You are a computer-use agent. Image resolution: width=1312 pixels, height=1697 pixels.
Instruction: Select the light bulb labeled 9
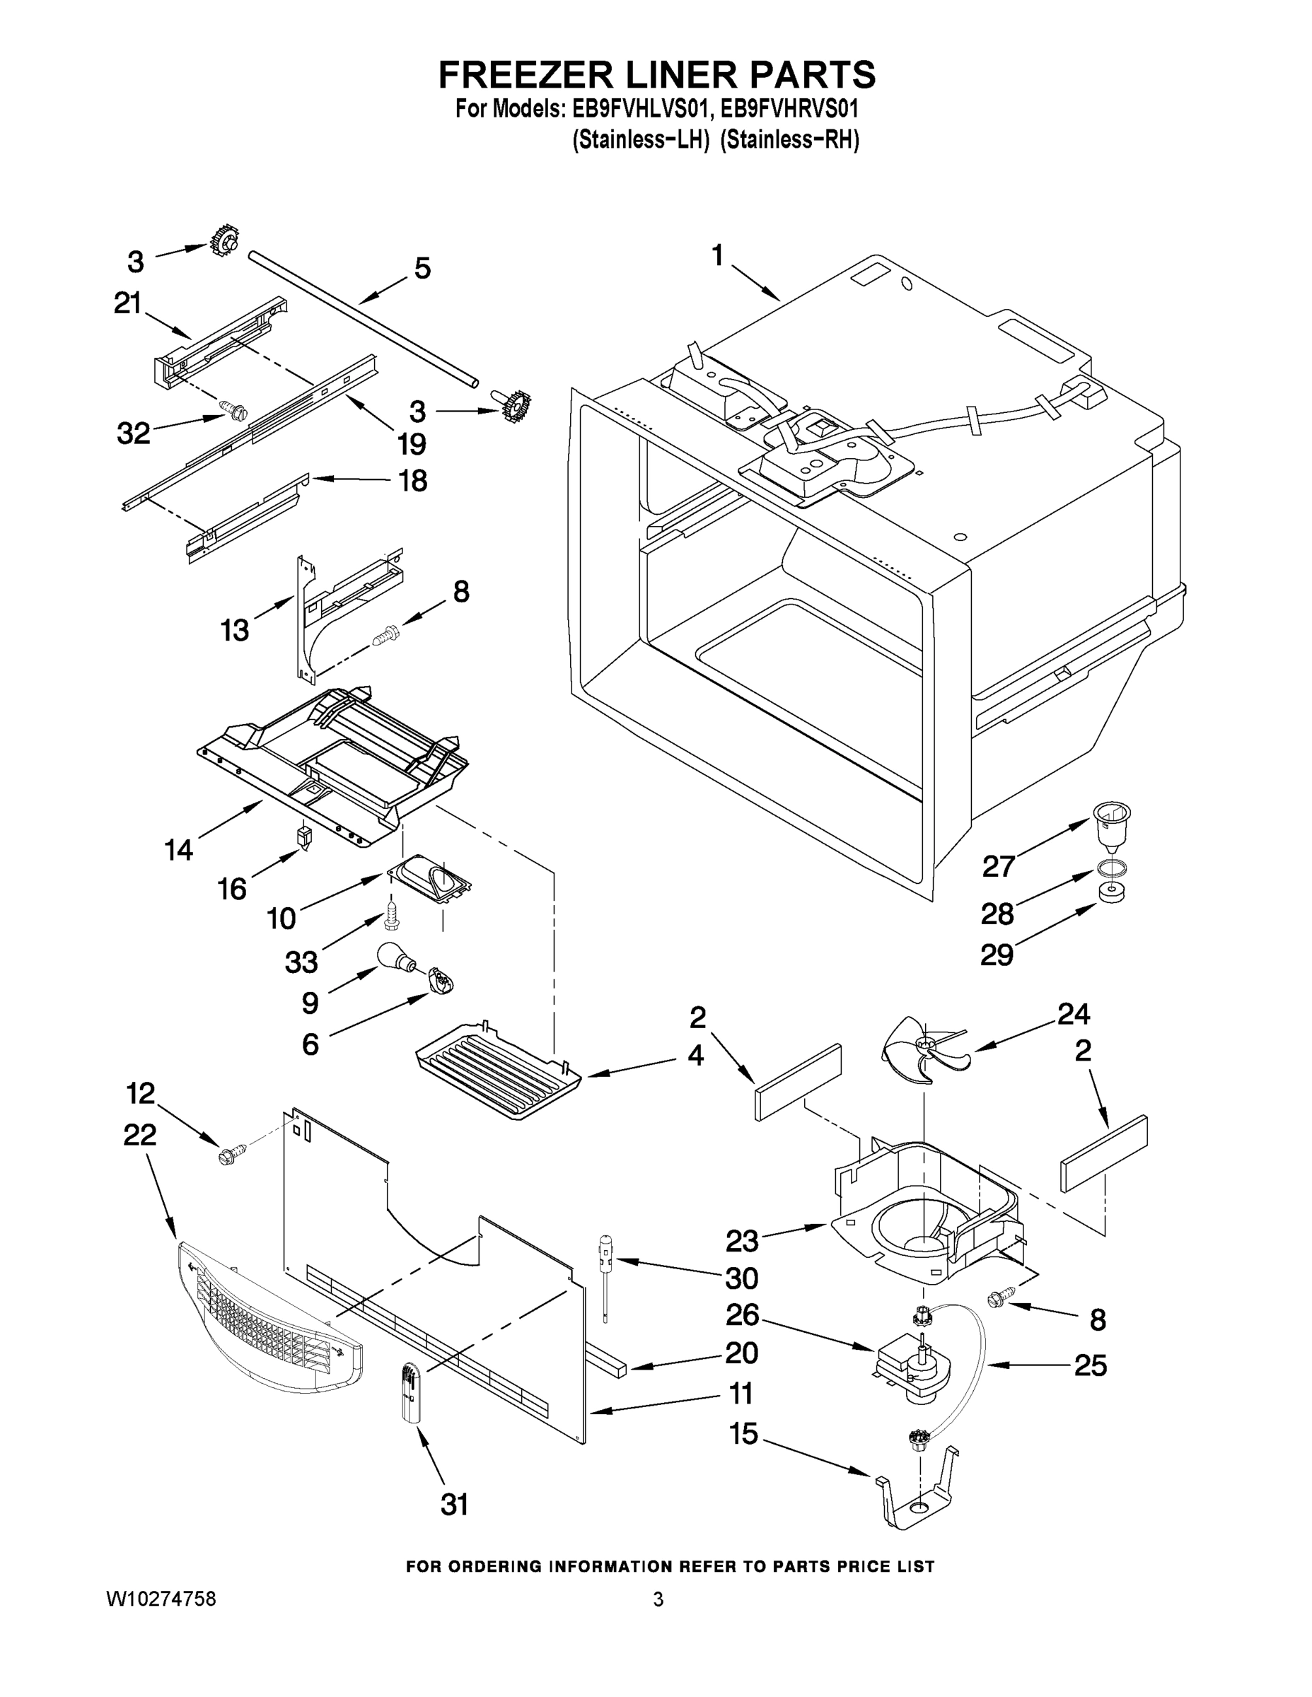tap(394, 957)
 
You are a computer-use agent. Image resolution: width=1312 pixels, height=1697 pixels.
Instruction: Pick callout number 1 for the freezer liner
tap(717, 255)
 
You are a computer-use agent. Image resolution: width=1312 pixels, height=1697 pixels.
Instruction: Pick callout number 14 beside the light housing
tap(179, 849)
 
